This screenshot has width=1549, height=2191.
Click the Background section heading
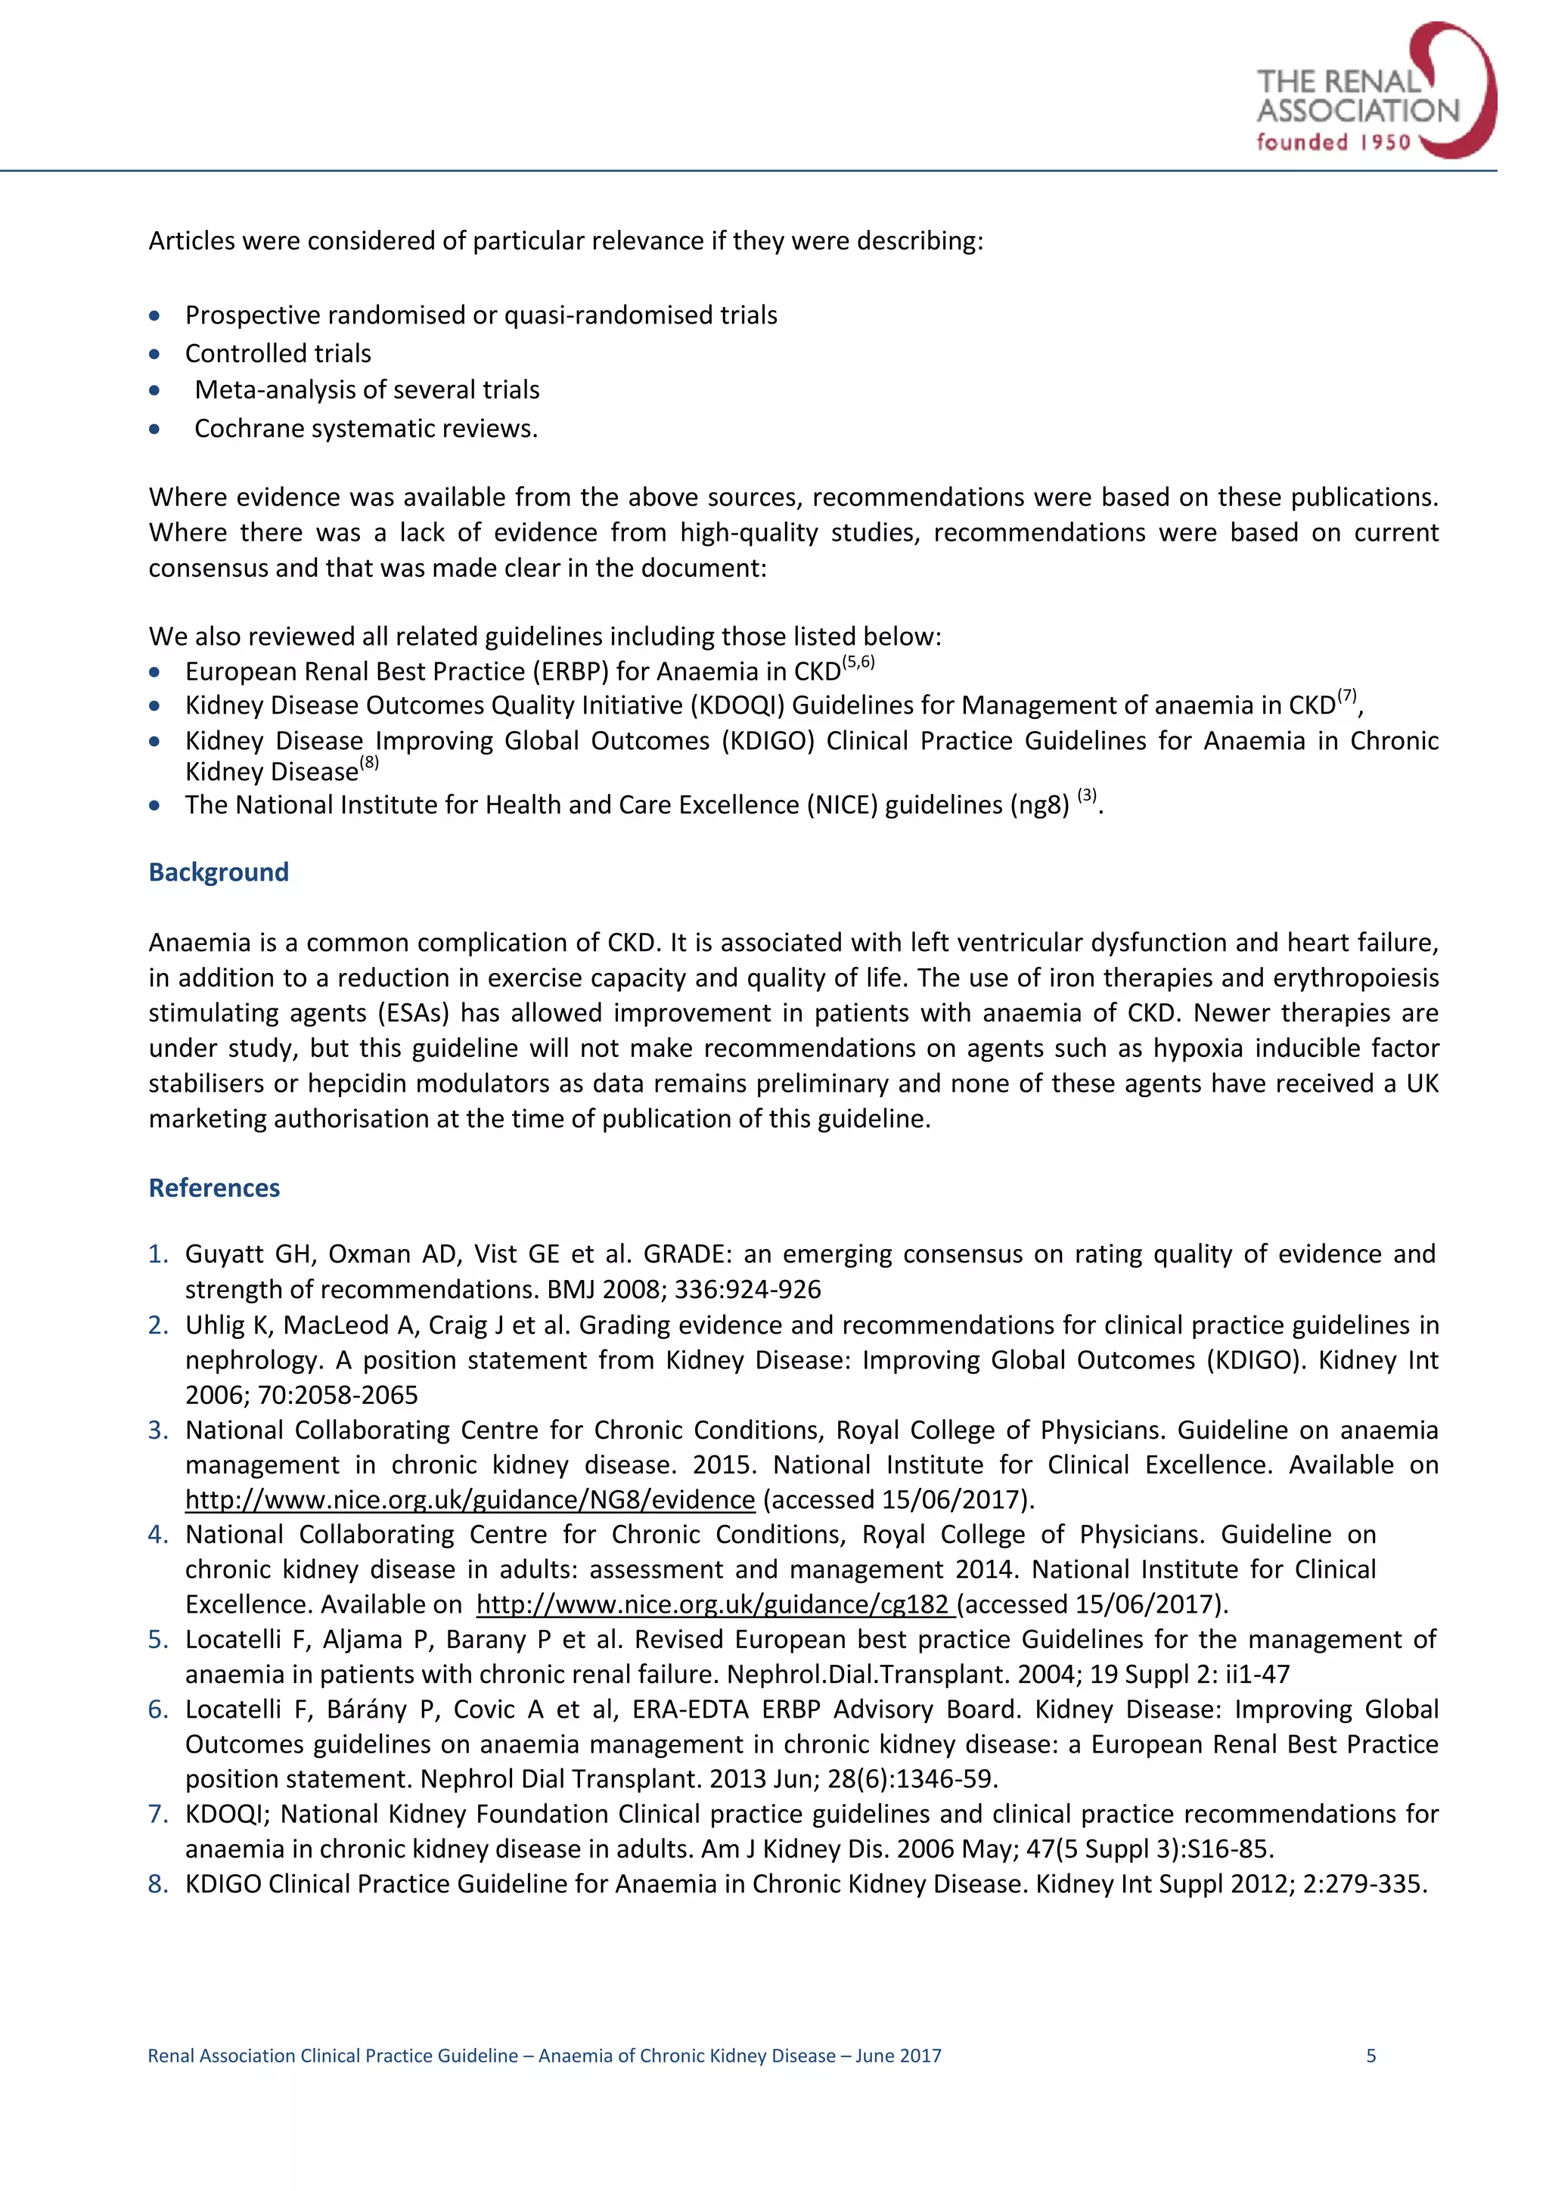pos(219,872)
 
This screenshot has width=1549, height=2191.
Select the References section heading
pos(214,1188)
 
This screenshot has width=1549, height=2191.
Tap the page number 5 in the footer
pos(1371,2056)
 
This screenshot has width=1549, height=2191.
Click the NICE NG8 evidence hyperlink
pos(470,1500)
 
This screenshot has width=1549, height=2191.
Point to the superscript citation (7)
pos(1346,696)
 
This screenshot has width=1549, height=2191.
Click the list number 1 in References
pos(157,1254)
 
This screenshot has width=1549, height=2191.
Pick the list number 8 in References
pos(157,1884)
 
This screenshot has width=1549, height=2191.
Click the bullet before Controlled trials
pos(154,354)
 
